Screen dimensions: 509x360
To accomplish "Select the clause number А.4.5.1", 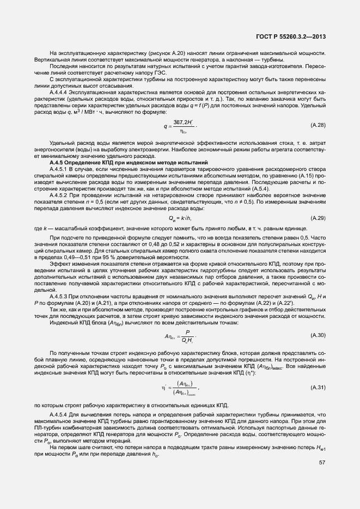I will (x=59, y=170).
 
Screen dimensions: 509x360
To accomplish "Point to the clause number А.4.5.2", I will (x=59, y=194).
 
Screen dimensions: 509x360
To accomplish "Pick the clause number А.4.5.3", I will (x=59, y=295).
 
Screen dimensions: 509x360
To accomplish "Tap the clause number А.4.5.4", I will (x=59, y=414).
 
